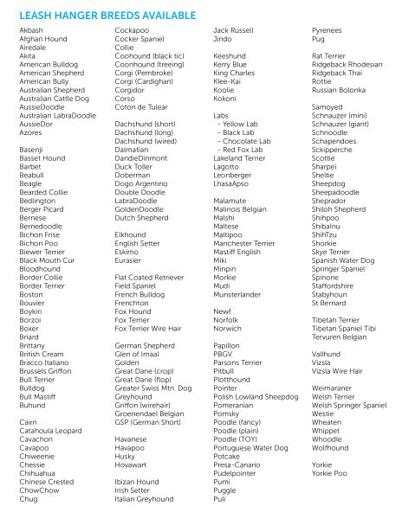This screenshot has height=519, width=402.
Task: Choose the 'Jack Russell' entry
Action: pyautogui.click(x=233, y=30)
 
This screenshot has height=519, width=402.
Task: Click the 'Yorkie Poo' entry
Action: pyautogui.click(x=330, y=473)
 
